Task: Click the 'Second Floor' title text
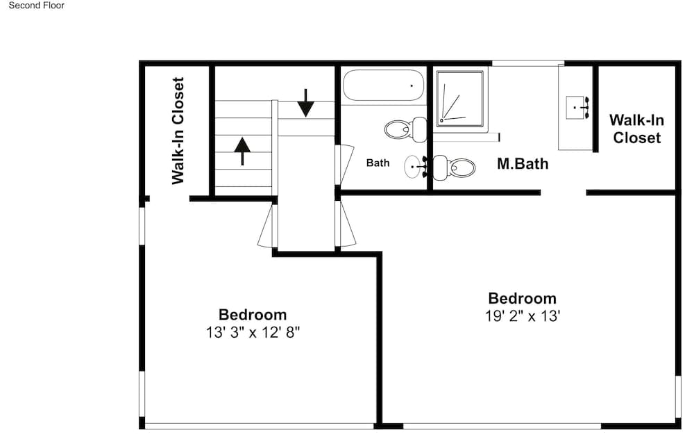(36, 6)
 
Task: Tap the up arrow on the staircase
(242, 152)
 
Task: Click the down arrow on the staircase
(305, 103)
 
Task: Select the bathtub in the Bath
(383, 85)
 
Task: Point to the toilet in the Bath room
(405, 129)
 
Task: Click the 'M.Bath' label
(523, 163)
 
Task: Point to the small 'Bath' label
(378, 163)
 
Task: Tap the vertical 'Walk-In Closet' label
(178, 131)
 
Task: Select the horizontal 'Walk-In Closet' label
(636, 129)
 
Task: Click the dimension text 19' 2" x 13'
(523, 316)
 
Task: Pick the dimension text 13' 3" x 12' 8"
(253, 332)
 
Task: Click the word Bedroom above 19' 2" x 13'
(523, 298)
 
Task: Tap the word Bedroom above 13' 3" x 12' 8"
(253, 314)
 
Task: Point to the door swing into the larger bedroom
(346, 224)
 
